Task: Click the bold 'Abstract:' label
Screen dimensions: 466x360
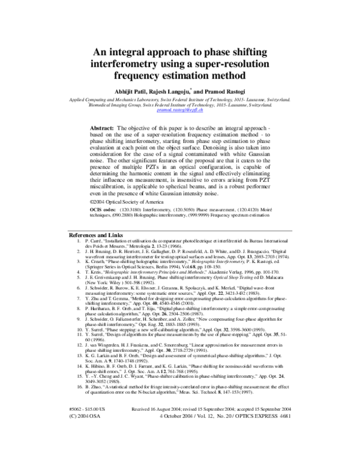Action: click(x=103, y=129)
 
